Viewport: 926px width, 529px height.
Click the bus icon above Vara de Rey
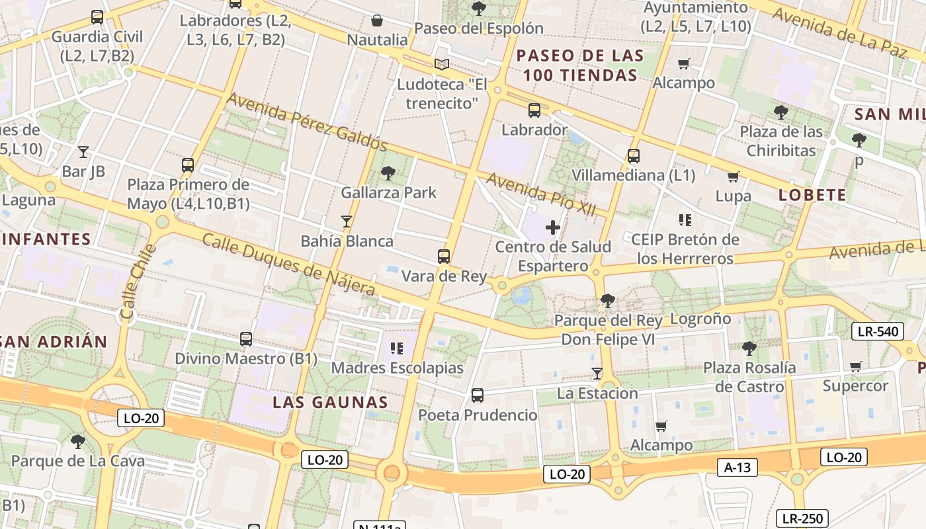pyautogui.click(x=444, y=257)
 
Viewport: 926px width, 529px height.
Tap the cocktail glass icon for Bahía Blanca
pyautogui.click(x=346, y=221)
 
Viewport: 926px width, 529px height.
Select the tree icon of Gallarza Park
pyautogui.click(x=388, y=173)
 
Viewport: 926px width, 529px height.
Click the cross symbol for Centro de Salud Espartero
pyautogui.click(x=553, y=227)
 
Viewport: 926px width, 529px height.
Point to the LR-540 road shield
pyautogui.click(x=876, y=331)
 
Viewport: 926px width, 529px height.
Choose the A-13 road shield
pyautogui.click(x=737, y=468)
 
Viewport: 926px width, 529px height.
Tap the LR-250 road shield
pyautogui.click(x=802, y=518)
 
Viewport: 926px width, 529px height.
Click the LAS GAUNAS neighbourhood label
pyautogui.click(x=330, y=402)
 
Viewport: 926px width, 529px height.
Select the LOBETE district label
pyautogui.click(x=812, y=194)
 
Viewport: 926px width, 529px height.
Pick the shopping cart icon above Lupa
pyautogui.click(x=733, y=177)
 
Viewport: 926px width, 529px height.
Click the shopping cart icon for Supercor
pyautogui.click(x=855, y=366)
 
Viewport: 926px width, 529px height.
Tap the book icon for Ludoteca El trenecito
pyautogui.click(x=442, y=64)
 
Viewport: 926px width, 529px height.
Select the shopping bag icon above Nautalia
pyautogui.click(x=377, y=20)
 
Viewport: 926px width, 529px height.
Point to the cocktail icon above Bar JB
pyautogui.click(x=83, y=152)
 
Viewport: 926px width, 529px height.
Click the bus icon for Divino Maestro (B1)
pyautogui.click(x=246, y=339)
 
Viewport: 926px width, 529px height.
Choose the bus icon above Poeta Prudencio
pyautogui.click(x=478, y=395)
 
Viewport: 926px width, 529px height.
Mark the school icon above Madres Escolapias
pyautogui.click(x=397, y=348)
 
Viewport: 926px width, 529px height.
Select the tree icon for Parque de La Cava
pyautogui.click(x=78, y=441)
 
